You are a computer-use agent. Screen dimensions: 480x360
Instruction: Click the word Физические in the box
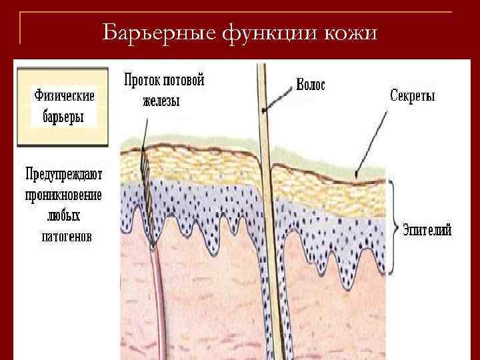(x=64, y=96)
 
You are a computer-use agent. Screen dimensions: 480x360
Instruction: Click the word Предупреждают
(x=64, y=175)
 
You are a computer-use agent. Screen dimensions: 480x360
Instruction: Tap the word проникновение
(x=63, y=195)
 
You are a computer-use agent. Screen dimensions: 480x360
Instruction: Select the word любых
(x=64, y=216)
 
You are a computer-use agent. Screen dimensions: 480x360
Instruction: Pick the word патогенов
(x=64, y=236)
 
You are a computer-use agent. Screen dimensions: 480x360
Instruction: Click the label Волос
(x=311, y=85)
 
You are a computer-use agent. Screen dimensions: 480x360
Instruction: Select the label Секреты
(x=412, y=96)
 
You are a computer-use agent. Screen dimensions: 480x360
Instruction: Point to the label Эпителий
(x=427, y=230)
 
